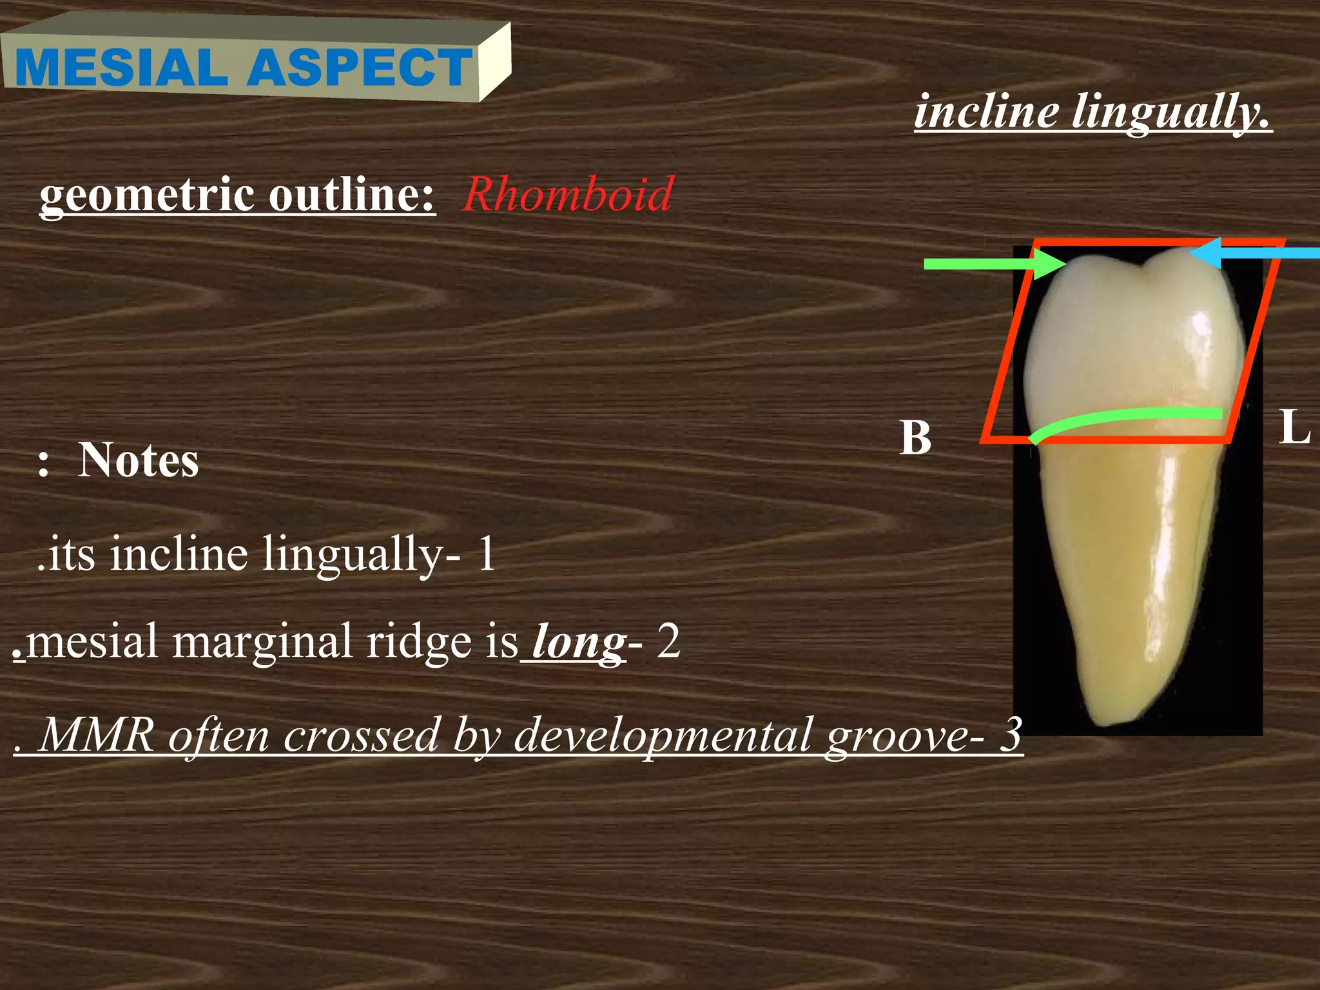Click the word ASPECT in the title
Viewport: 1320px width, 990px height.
click(361, 68)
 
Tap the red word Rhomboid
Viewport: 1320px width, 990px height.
click(568, 194)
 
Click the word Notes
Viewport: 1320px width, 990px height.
click(138, 461)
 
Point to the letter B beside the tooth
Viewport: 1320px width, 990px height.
click(916, 438)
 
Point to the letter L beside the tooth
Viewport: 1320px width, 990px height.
click(1295, 427)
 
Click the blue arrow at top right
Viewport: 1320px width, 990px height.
click(1257, 254)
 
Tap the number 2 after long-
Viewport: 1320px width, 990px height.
click(668, 643)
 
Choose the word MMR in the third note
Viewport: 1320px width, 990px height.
click(97, 735)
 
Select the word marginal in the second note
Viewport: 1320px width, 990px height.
click(262, 643)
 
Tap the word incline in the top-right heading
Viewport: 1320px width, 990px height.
click(986, 111)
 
